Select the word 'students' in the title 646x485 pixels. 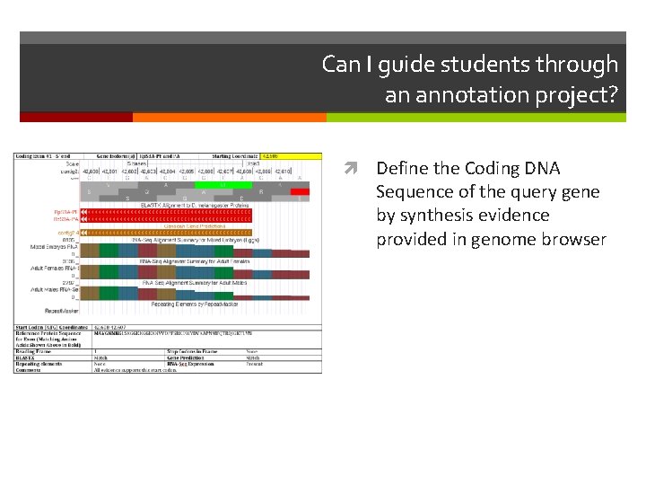[x=493, y=65]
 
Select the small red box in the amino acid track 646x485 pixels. [x=301, y=191]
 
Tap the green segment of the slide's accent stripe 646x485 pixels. [x=476, y=117]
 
